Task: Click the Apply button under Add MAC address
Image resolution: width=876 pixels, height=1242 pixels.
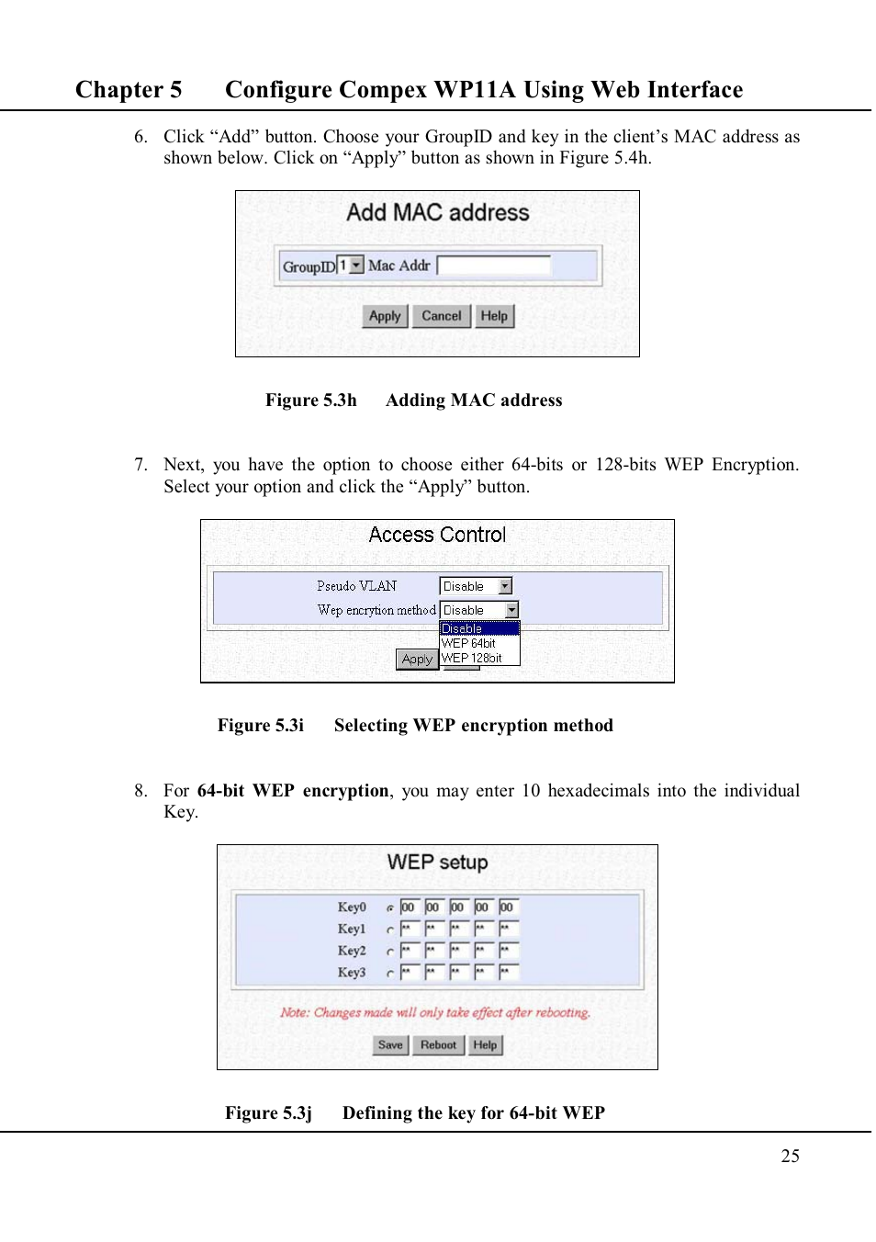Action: tap(385, 316)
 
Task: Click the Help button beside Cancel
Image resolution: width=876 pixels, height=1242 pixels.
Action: tap(494, 316)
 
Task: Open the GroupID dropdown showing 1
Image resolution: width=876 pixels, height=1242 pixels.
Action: tap(351, 265)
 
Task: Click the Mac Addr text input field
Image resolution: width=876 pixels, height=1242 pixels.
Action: tap(494, 265)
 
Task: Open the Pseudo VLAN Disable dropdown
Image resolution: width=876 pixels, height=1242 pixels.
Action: tap(476, 586)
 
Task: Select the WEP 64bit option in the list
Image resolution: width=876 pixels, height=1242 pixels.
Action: tap(469, 643)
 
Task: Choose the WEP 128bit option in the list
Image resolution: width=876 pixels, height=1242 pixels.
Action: tap(472, 658)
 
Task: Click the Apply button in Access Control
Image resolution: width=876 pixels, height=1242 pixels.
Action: tap(416, 660)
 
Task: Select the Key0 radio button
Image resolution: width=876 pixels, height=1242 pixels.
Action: tap(390, 908)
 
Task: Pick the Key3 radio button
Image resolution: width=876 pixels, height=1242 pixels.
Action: tap(390, 973)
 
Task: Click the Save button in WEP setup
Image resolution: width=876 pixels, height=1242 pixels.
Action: tap(390, 1045)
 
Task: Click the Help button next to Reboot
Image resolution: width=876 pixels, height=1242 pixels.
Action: tap(485, 1045)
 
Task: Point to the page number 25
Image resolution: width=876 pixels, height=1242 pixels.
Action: tap(790, 1157)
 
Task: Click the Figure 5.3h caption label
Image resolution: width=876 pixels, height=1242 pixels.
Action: tap(310, 401)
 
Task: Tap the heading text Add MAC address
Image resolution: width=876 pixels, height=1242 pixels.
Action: tap(437, 213)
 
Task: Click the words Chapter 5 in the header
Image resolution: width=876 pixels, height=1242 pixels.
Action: tap(129, 90)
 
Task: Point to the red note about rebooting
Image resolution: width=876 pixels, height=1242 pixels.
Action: tap(435, 1012)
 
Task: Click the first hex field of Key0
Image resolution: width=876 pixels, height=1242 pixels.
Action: tap(409, 907)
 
